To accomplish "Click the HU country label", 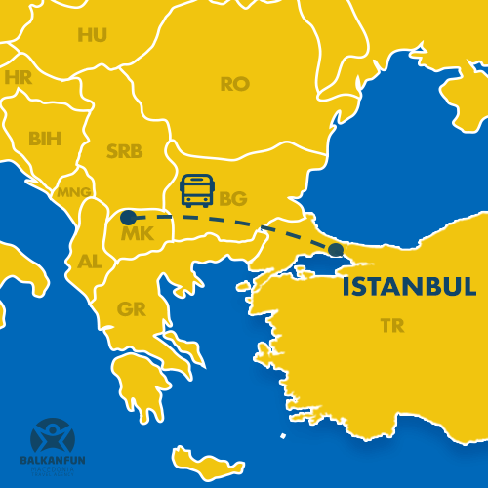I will (x=93, y=35).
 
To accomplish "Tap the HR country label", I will (x=19, y=77).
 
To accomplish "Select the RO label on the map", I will (x=234, y=84).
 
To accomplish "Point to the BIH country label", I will (x=44, y=139).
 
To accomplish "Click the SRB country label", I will (x=124, y=152).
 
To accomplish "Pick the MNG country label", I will (x=73, y=191).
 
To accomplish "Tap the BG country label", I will (x=232, y=199).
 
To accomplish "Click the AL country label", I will (x=89, y=262).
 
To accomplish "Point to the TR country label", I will (x=392, y=326).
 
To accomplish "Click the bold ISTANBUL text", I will (x=408, y=288).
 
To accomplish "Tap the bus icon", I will (x=197, y=190).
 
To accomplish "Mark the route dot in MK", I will (x=128, y=217).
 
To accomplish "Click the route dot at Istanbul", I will (x=337, y=250).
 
